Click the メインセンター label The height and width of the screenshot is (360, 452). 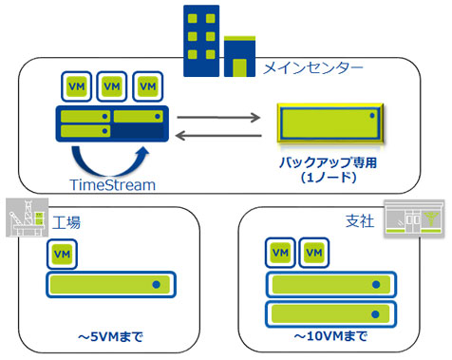(x=312, y=67)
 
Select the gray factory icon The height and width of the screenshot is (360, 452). (x=24, y=218)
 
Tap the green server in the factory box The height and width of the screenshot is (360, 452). (x=111, y=284)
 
